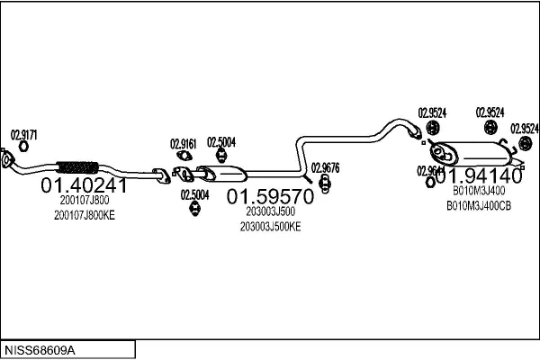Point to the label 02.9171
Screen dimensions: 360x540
(24, 135)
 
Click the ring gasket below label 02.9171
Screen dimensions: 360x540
(24, 147)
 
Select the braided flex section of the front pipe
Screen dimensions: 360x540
(76, 166)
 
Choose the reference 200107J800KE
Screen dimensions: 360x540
(85, 216)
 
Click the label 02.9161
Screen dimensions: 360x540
(184, 143)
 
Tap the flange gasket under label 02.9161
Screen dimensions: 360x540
(184, 155)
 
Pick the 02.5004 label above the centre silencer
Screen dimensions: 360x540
(221, 142)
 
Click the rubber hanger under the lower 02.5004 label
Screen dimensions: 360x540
(194, 210)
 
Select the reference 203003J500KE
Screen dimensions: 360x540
(270, 226)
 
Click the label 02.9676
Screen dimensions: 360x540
(325, 166)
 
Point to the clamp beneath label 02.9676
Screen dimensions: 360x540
(325, 184)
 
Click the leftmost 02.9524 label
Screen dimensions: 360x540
(432, 112)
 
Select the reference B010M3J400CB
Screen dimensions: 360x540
(479, 205)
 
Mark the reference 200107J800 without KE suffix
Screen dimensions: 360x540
(85, 201)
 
